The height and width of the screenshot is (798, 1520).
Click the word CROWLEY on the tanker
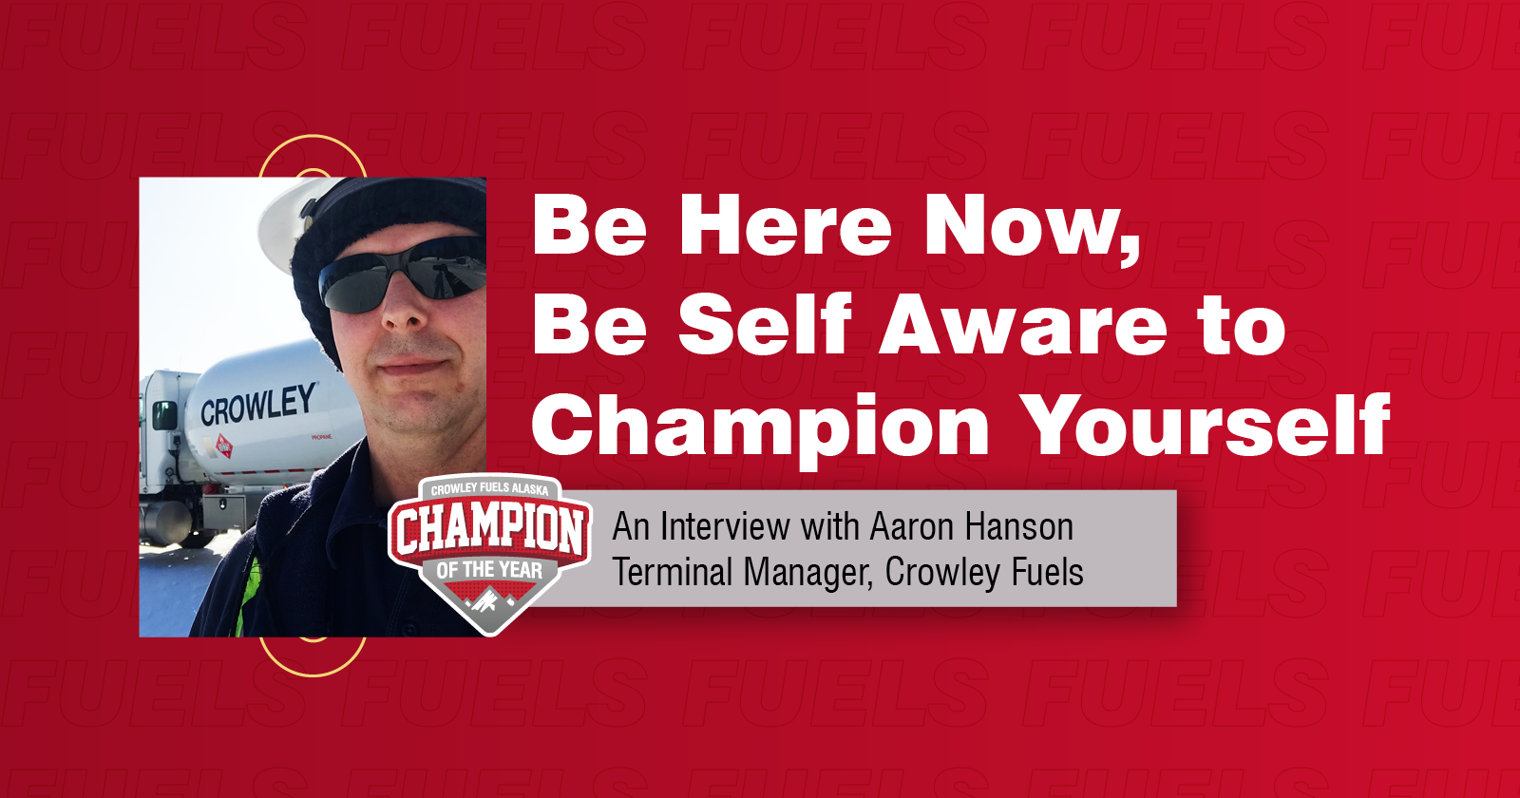pos(258,405)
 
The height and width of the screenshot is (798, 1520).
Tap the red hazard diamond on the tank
pos(224,446)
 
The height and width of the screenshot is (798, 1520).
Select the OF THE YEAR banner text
pos(490,569)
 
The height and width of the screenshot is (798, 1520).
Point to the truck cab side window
pos(164,414)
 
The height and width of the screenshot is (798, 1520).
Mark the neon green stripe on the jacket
pos(245,597)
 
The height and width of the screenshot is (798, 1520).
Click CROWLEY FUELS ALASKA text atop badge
pos(490,488)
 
